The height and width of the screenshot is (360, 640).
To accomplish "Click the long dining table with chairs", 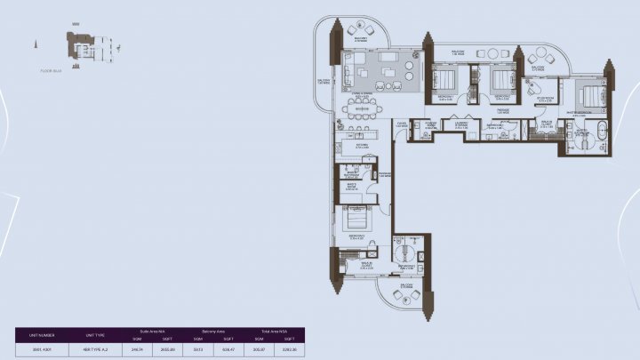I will [360, 108].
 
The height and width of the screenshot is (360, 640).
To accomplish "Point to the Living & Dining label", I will [363, 94].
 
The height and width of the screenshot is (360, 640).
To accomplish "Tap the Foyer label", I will [402, 125].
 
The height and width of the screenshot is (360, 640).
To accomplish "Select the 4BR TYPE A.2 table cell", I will [95, 348].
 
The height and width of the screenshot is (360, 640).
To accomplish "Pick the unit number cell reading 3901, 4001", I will [42, 348].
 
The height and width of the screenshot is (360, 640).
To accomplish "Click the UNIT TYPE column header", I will [95, 335].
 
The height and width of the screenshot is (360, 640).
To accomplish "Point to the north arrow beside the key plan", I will [36, 43].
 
